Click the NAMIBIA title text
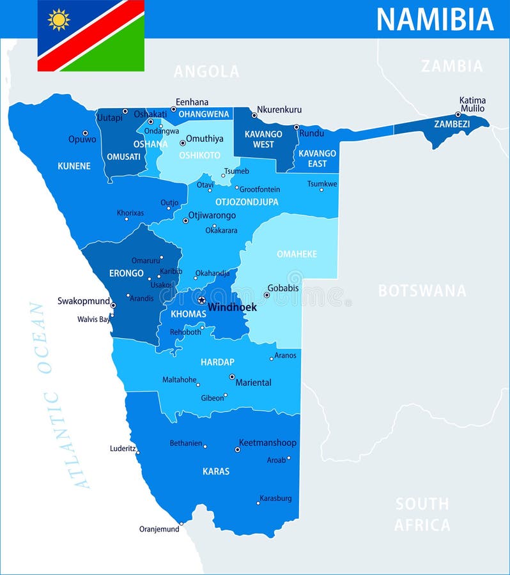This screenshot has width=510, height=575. [435, 19]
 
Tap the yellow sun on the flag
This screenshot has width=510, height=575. [59, 20]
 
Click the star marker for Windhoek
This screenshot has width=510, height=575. [201, 300]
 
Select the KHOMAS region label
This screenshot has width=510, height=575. [189, 314]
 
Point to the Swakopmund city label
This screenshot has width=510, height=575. [84, 301]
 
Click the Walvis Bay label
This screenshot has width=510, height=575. [93, 319]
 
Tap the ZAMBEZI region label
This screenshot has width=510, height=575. [452, 124]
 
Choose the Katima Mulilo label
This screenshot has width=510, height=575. [472, 104]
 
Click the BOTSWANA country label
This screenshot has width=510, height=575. [422, 291]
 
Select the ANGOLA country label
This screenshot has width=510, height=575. [206, 72]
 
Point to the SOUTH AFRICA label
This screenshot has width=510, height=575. [422, 514]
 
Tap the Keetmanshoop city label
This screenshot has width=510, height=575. [267, 442]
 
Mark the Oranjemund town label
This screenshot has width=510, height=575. [159, 529]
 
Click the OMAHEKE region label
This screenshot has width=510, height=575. [297, 254]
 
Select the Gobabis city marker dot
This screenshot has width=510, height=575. [267, 295]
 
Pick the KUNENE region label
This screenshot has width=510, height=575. [74, 166]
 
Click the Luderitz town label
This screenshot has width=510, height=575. [123, 448]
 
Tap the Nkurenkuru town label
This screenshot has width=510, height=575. [279, 109]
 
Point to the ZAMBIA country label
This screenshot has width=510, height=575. [452, 66]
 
